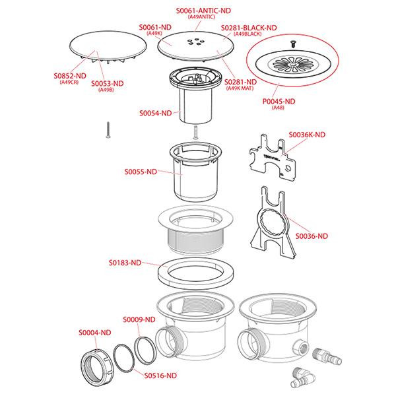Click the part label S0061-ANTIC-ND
coord(203,11)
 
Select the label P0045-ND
coord(279,102)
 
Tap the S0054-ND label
coord(156,113)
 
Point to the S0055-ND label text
coord(141,172)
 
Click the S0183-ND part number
coord(125,263)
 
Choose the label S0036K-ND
coord(307,135)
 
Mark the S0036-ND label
coord(312,236)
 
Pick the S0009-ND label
coord(139,319)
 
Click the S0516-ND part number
coord(160,376)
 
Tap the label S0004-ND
coord(95,333)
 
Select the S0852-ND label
coord(70,76)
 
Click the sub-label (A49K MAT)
coord(240,88)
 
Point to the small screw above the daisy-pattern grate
coord(293,44)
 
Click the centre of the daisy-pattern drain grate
coord(292,65)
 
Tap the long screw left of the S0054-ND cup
coord(108,130)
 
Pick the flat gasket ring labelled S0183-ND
coord(195,273)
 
